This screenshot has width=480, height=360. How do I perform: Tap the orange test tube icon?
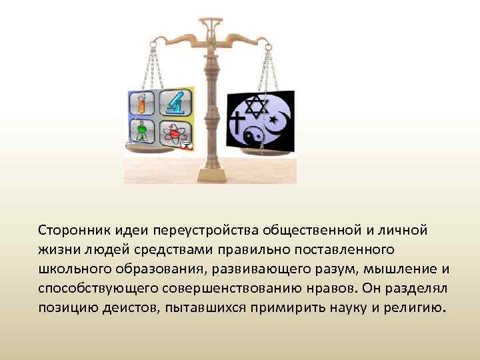point(142,103)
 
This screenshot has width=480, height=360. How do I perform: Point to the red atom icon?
point(174,133)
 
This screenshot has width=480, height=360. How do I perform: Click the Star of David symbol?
point(256,105)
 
